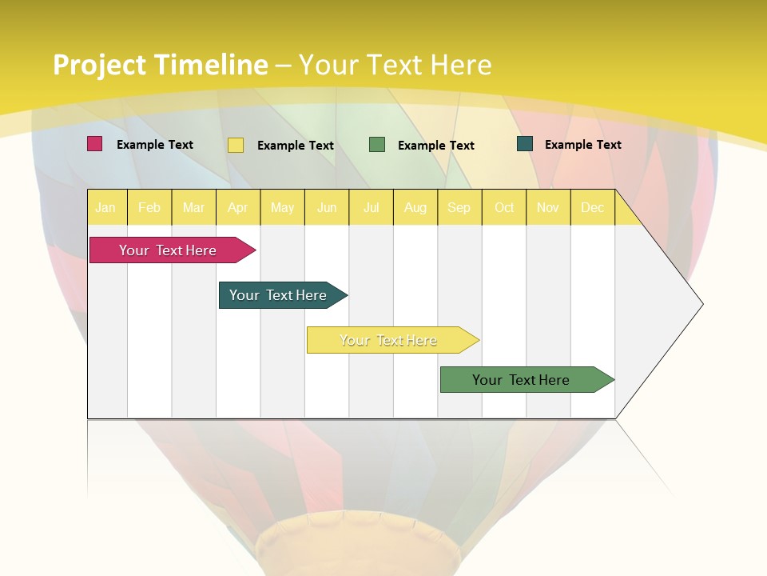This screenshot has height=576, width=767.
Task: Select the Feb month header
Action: click(149, 207)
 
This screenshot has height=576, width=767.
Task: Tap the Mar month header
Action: click(193, 207)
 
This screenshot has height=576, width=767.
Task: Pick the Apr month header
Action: click(238, 207)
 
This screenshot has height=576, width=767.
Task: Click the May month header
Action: click(282, 207)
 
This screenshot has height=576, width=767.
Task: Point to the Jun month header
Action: click(327, 207)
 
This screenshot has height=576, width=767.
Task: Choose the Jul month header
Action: click(371, 207)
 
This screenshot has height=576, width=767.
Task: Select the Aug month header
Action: click(415, 207)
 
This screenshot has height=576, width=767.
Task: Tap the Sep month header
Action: click(459, 207)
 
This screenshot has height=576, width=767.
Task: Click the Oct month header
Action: click(504, 207)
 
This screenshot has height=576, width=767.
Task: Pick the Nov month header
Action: click(548, 207)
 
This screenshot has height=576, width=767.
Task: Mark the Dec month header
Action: click(593, 207)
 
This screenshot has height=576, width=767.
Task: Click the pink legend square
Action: click(94, 144)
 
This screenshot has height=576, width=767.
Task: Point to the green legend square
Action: click(377, 145)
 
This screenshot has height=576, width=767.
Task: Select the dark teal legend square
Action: click(525, 144)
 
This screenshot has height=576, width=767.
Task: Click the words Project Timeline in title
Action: click(161, 65)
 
